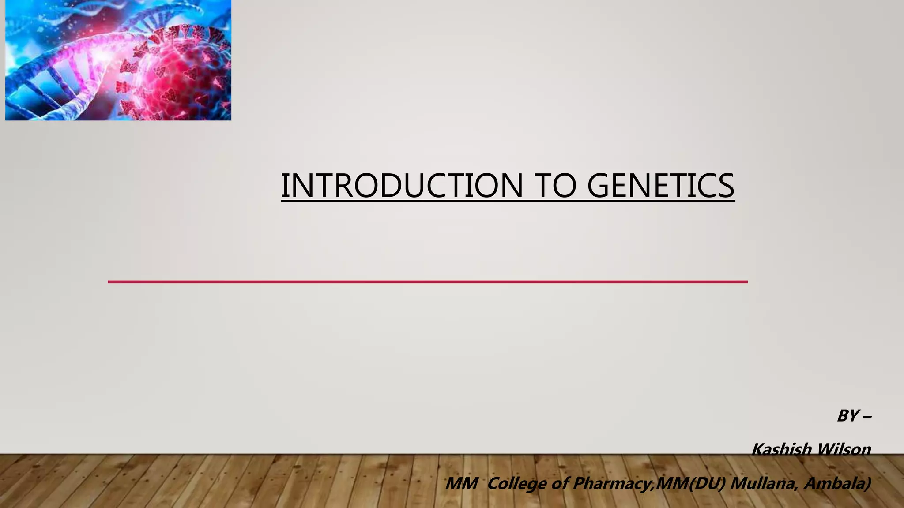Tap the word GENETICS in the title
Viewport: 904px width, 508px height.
point(661,186)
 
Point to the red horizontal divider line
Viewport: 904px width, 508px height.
point(427,282)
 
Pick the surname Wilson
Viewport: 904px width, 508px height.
point(844,449)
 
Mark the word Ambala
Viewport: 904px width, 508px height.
point(833,484)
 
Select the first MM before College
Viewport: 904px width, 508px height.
point(462,484)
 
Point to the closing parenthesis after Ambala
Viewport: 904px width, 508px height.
point(868,484)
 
